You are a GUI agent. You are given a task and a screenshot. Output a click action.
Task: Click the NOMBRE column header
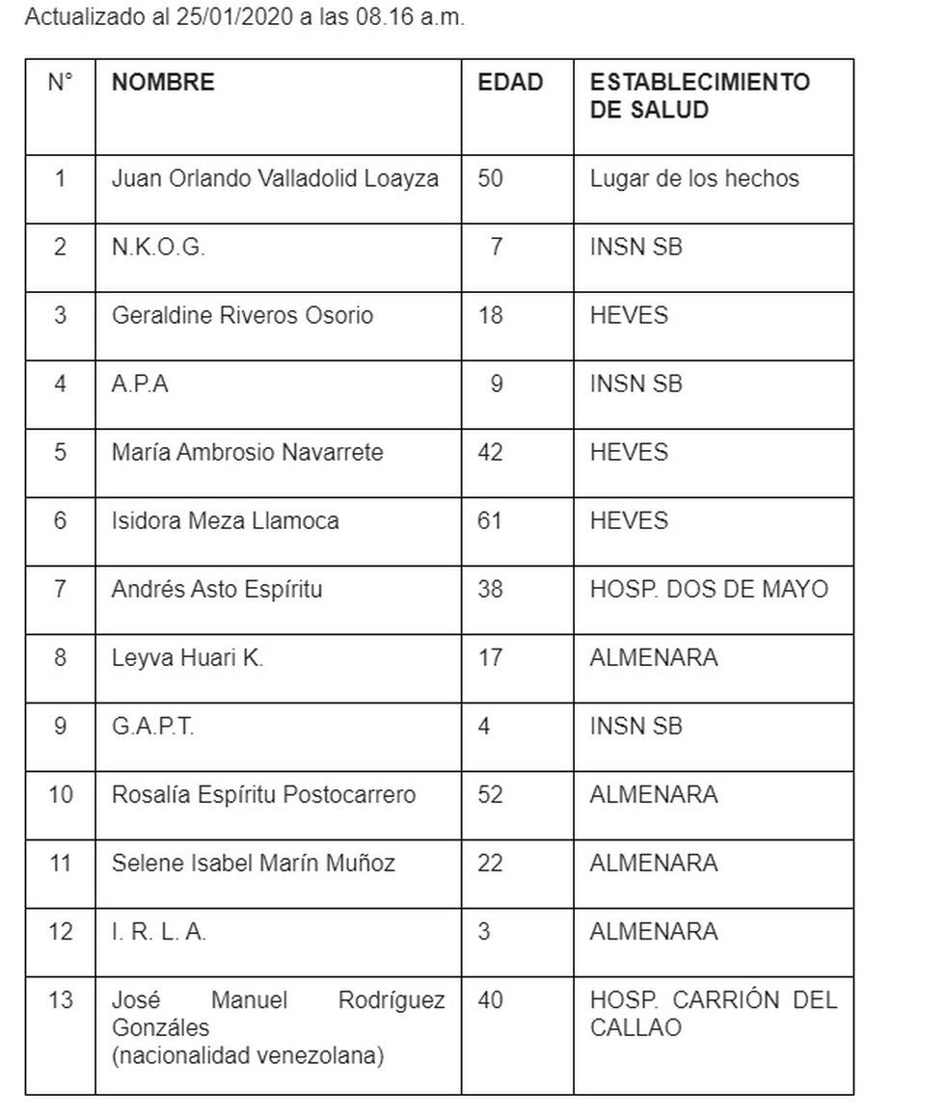click(x=163, y=82)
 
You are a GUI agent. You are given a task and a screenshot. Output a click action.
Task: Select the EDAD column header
click(x=510, y=82)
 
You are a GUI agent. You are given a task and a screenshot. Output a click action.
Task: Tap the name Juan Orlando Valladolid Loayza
click(x=275, y=178)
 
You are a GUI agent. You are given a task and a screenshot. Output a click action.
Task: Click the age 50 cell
click(x=490, y=178)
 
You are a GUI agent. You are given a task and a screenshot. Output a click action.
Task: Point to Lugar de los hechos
click(x=694, y=178)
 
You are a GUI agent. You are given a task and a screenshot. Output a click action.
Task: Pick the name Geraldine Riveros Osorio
click(x=242, y=315)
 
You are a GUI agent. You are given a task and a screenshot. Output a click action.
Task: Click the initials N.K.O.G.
click(x=158, y=247)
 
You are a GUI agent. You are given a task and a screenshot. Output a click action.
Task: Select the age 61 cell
click(x=490, y=520)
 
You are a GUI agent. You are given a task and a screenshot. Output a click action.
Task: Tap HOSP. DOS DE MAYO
click(x=709, y=589)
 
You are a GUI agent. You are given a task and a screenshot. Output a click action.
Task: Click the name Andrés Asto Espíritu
click(x=217, y=589)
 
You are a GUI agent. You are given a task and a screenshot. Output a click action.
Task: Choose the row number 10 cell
click(x=60, y=795)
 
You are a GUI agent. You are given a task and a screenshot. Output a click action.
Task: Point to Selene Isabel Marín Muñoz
click(x=253, y=864)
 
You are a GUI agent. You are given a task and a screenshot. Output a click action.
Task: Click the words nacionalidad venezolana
click(x=248, y=1056)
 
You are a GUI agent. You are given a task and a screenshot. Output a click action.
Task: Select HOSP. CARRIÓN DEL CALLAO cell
click(x=713, y=1014)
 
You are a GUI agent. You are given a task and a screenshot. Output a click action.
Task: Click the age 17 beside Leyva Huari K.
click(x=490, y=657)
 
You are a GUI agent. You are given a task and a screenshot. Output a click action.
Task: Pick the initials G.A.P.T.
click(x=152, y=726)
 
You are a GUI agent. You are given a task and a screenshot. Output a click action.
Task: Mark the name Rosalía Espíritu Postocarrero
click(x=263, y=795)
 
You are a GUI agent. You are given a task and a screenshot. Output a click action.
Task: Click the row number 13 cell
click(x=60, y=1000)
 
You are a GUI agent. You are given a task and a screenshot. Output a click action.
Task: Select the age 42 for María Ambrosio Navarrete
click(x=490, y=452)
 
